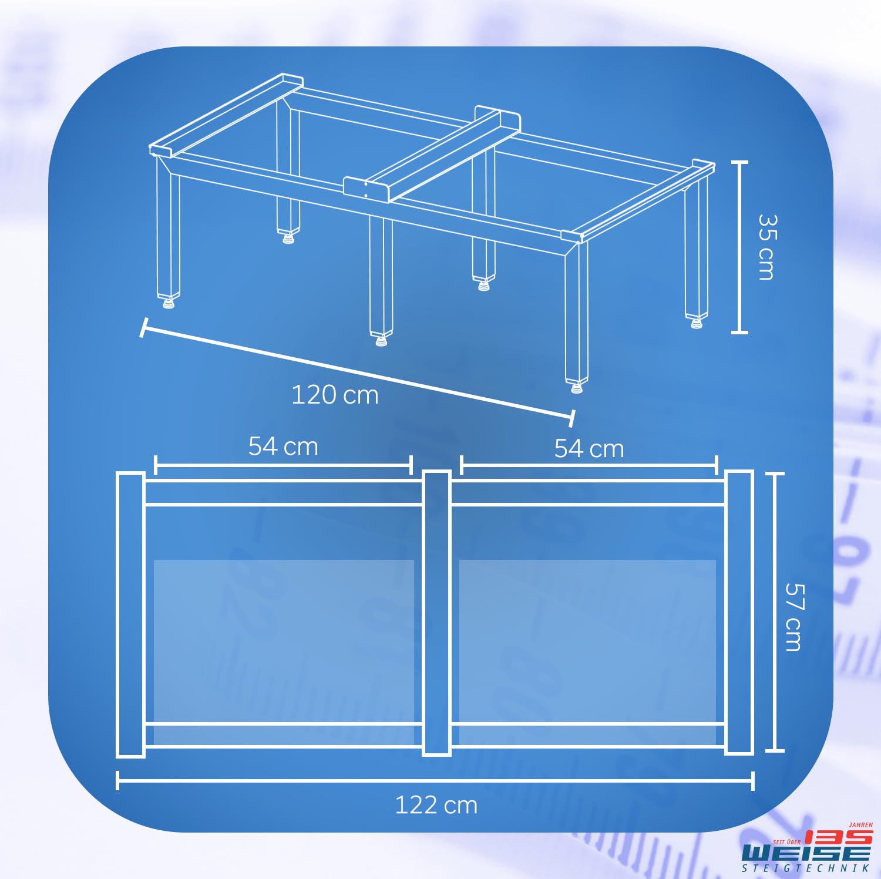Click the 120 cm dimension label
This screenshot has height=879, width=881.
(335, 395)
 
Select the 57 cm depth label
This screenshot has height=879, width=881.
(793, 617)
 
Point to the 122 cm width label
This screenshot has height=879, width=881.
(436, 805)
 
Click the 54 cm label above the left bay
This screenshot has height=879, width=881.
(283, 446)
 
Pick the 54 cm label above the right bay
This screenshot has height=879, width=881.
(589, 448)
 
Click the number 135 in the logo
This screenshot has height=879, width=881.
(838, 837)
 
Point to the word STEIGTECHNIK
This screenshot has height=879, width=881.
(806, 868)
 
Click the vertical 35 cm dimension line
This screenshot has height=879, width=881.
(739, 247)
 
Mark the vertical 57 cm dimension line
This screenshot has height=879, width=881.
(775, 612)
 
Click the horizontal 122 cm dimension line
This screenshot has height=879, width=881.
(435, 781)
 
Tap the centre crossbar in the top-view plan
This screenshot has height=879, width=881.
(436, 613)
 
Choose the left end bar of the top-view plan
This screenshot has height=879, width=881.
(130, 614)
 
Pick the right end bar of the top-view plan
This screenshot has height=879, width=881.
(739, 612)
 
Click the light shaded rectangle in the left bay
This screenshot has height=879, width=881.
(284, 652)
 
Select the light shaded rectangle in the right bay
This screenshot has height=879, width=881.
(587, 652)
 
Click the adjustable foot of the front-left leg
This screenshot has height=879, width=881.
(168, 303)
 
